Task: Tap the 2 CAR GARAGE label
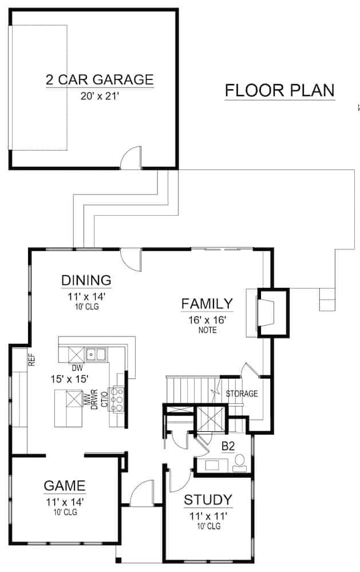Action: pos(100,78)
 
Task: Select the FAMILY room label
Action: pos(207,303)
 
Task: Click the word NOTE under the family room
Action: pos(207,330)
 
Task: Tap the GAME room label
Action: pos(65,486)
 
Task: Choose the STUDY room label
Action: pos(208,499)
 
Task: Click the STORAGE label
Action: pos(242,394)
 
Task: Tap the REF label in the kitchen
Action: pos(32,360)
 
